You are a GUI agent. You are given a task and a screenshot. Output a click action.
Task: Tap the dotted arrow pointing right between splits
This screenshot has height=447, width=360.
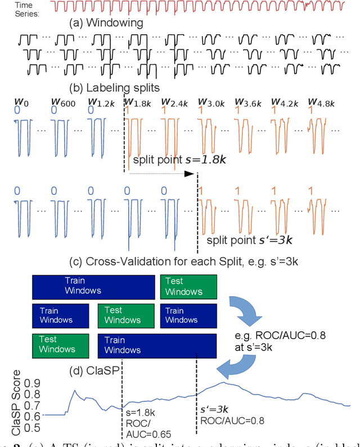click(160, 174)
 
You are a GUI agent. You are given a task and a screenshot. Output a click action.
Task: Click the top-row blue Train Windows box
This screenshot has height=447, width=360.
click(92, 286)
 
